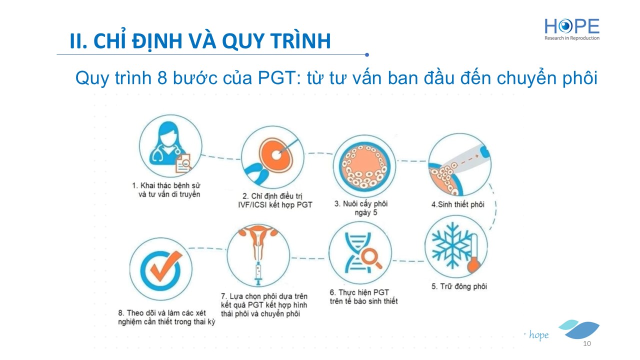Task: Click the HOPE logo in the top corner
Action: click(571, 29)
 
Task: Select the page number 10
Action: click(587, 343)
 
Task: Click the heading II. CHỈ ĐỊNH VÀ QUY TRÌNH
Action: click(200, 40)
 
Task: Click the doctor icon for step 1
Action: click(170, 146)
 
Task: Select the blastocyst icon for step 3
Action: click(364, 166)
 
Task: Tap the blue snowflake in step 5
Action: click(451, 245)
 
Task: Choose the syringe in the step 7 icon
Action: click(258, 273)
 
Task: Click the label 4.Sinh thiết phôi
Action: click(457, 204)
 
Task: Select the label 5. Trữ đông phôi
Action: click(459, 286)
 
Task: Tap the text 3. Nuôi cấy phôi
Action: click(361, 203)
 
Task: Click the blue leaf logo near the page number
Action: click(579, 329)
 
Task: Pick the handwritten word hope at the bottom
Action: click(538, 335)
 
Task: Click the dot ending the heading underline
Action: click(367, 54)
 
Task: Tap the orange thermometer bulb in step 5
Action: click(473, 265)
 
